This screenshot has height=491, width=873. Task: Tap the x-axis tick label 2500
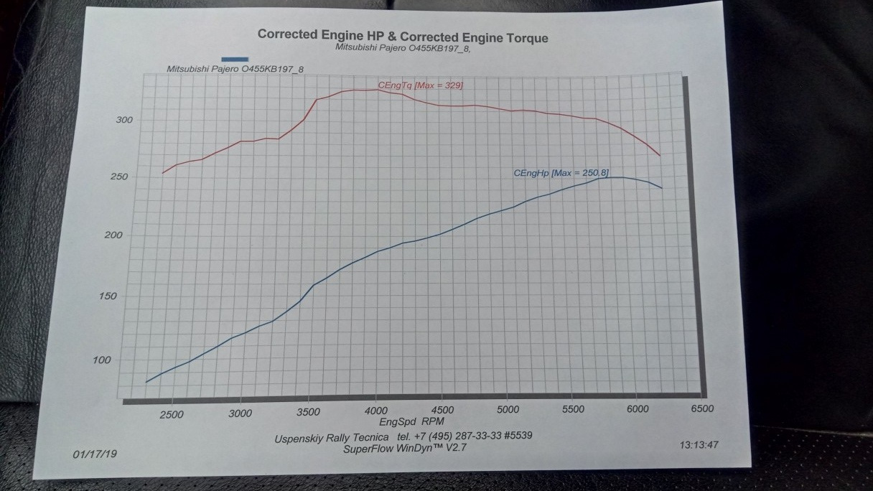tap(172, 414)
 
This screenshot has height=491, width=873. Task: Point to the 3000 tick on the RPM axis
tap(240, 413)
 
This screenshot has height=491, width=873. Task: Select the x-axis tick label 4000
tap(375, 412)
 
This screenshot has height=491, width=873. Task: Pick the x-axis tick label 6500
tap(702, 408)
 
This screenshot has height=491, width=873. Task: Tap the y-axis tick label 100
tap(103, 360)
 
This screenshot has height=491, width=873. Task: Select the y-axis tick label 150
tap(109, 296)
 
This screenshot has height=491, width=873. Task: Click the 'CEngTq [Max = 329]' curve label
tap(421, 85)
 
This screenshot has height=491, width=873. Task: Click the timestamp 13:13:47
tap(699, 445)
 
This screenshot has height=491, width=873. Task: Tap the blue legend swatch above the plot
tap(235, 59)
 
